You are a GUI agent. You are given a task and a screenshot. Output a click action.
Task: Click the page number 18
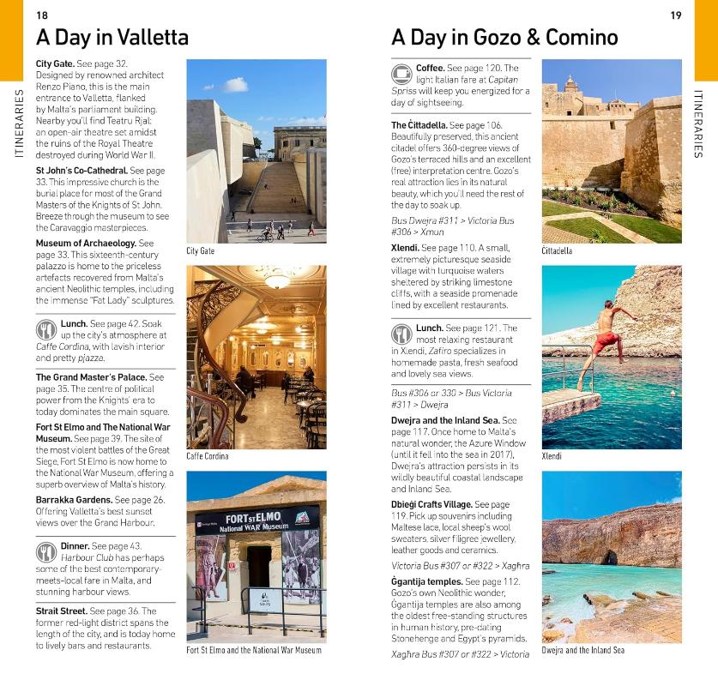(42, 15)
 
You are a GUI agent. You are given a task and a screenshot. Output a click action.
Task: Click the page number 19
(675, 15)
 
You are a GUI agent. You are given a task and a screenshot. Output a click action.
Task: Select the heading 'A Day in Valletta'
(112, 38)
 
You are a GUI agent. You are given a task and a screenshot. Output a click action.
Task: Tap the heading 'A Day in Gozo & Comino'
(504, 38)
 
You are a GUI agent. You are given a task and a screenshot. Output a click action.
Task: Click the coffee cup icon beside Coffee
(401, 74)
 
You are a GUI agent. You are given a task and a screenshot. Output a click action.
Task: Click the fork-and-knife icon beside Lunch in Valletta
(45, 330)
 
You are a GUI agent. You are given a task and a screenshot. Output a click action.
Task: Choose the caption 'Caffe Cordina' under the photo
(208, 456)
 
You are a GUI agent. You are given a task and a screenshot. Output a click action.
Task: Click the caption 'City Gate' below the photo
(200, 251)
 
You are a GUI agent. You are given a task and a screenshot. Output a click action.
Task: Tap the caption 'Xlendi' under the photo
(552, 456)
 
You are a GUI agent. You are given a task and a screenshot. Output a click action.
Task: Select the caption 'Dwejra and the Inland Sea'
(582, 651)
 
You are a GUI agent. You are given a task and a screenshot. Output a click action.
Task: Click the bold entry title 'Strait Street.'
(61, 611)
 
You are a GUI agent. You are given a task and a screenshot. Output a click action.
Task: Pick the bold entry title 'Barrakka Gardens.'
(74, 500)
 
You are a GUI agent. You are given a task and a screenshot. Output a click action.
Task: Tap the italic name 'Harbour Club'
(85, 557)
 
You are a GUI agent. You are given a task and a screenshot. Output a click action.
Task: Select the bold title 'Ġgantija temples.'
(426, 581)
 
